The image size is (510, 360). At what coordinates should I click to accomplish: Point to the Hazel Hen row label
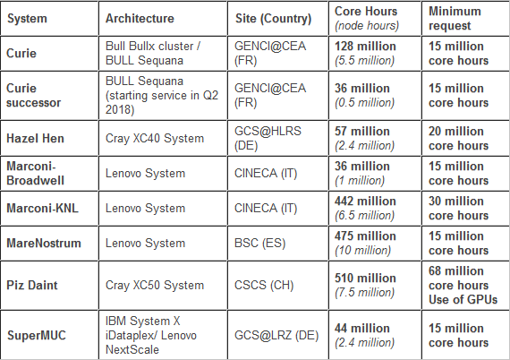pos(35,138)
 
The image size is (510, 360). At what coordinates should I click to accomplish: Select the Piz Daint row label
pos(32,285)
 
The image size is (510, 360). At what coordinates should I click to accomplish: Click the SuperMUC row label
pos(37,335)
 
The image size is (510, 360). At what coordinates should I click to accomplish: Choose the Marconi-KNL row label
pos(42,209)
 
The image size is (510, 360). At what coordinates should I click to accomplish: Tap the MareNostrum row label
pos(44,244)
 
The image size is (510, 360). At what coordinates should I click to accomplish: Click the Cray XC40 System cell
pos(155,138)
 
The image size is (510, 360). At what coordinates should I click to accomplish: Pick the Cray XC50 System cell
pos(155,285)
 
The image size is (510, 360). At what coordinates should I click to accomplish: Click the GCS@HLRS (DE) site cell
pos(268,138)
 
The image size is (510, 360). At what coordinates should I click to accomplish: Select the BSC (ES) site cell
pos(259,244)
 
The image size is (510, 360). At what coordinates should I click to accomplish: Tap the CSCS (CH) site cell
pos(264,285)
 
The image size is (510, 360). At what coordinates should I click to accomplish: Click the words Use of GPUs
pos(463,299)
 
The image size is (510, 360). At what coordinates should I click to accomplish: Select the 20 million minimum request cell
pos(459,138)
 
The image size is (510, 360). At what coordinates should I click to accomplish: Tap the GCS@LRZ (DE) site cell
pos(276,335)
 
